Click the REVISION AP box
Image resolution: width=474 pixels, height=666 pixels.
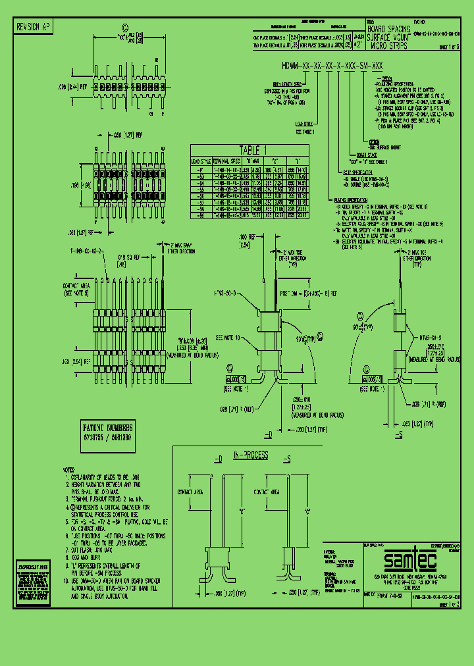point(32,27)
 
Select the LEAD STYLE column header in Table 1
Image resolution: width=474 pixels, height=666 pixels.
point(199,160)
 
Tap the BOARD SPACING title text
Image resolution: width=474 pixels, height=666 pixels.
point(389,30)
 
